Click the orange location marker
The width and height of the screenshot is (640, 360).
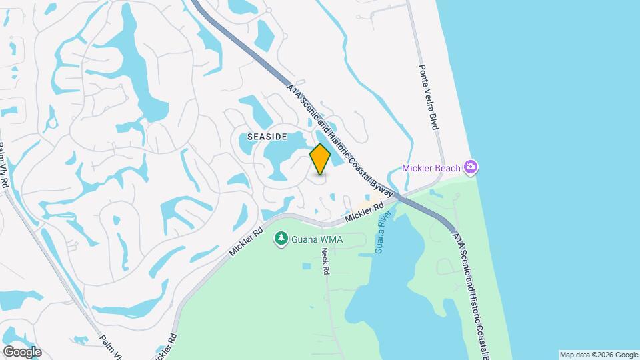pyautogui.click(x=320, y=159)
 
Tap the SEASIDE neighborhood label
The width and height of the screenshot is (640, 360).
pyautogui.click(x=267, y=136)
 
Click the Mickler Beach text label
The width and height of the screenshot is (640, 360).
pyautogui.click(x=431, y=168)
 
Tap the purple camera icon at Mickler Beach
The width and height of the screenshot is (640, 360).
pyautogui.click(x=471, y=167)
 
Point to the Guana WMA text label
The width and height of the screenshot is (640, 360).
pyautogui.click(x=313, y=238)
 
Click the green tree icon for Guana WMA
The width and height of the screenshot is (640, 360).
pyautogui.click(x=281, y=238)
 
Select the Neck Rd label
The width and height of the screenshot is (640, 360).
pyautogui.click(x=325, y=261)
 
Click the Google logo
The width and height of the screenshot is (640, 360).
pyautogui.click(x=22, y=351)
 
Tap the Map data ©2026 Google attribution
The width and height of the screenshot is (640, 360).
pyautogui.click(x=598, y=355)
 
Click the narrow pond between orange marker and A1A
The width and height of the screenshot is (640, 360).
pyautogui.click(x=337, y=157)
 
